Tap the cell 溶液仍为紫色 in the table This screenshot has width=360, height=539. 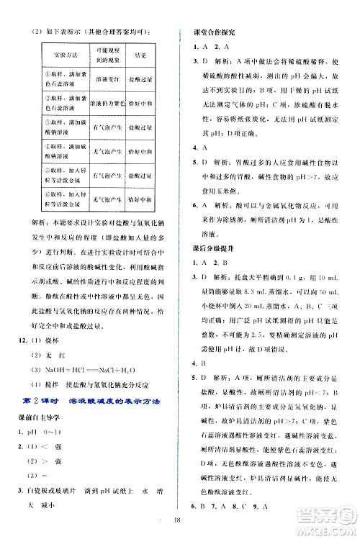pyautogui.click(x=107, y=103)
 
